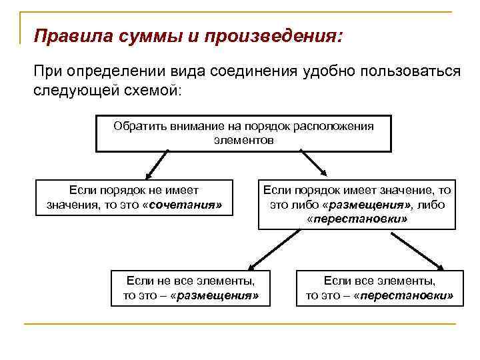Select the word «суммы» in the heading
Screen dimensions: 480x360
[x=139, y=35]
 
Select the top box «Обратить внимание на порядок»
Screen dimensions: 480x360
[x=244, y=133]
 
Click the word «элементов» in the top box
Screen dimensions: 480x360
[x=244, y=141]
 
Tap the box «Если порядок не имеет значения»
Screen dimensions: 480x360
[x=135, y=197]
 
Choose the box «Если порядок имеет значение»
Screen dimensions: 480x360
[x=357, y=204]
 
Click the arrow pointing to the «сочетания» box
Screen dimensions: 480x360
[x=156, y=165]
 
